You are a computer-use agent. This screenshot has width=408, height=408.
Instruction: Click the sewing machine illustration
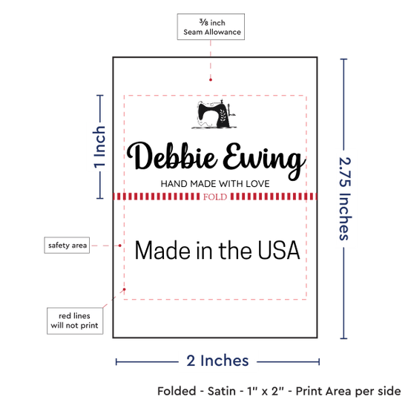214,114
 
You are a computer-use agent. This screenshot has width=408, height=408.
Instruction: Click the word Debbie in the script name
172,157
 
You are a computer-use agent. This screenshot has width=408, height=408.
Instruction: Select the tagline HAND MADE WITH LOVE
215,184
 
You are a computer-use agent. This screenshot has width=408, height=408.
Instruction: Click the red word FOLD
215,197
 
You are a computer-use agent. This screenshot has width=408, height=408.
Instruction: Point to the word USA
279,250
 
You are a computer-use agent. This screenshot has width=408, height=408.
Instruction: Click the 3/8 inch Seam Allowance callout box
211,27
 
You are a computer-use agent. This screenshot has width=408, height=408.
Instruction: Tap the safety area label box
67,245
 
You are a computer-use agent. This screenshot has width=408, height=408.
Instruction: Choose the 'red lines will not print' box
75,320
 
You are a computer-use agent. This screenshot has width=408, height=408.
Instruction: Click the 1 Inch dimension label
99,147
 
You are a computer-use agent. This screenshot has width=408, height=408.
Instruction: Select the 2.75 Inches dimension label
345,199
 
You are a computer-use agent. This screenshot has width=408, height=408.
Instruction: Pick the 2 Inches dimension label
217,361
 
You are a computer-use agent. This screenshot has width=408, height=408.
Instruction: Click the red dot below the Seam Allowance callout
211,79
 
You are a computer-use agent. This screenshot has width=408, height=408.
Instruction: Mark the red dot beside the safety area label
119,246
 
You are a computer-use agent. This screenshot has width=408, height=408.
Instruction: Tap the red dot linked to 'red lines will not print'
125,289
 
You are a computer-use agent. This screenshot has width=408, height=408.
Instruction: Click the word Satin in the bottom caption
222,391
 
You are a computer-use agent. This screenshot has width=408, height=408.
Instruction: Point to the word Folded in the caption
177,391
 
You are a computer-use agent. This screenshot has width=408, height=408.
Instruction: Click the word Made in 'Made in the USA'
162,250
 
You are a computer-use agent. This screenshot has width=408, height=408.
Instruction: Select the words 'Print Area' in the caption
323,391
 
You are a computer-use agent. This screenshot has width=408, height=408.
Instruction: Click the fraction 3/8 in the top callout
204,22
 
